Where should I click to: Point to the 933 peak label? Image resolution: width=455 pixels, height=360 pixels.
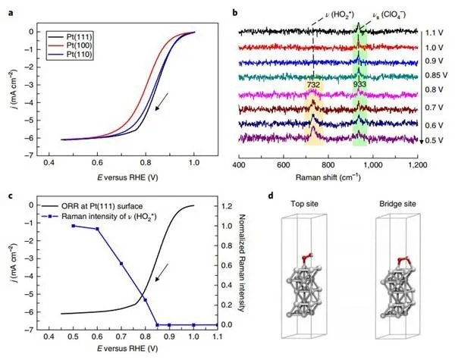coord(359,86)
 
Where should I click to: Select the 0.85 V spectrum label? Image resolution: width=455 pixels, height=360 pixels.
coord(436,77)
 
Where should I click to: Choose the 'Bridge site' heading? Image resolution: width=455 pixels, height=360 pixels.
coord(396,205)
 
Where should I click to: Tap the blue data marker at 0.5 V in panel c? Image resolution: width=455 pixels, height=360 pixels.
coord(74,226)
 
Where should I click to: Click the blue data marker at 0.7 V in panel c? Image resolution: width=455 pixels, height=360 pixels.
coord(121,263)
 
